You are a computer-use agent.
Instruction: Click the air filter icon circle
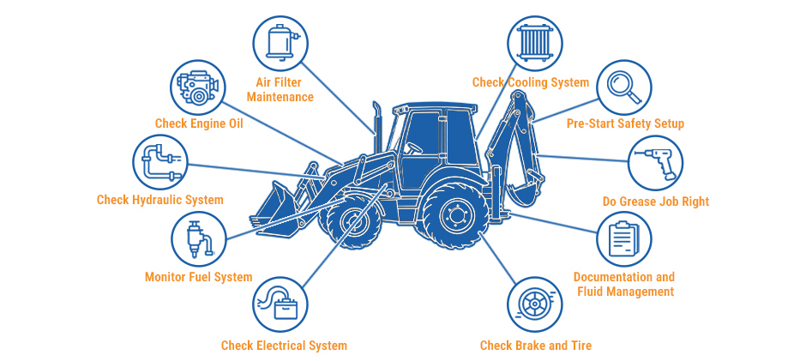[280, 43]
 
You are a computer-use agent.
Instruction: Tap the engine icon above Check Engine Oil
[197, 87]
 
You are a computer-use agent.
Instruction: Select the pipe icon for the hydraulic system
[160, 162]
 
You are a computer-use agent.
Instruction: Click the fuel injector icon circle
[198, 239]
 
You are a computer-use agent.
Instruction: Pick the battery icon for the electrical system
[280, 304]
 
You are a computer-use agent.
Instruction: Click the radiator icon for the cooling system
[535, 43]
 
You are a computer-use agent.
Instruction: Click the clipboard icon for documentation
[624, 239]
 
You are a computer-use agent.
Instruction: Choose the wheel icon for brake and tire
[535, 304]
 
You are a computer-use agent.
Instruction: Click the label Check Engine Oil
[199, 124]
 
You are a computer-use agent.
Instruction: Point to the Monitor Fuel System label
[198, 278]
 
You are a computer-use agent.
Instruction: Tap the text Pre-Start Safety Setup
[626, 124]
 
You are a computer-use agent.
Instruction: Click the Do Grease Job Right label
[656, 202]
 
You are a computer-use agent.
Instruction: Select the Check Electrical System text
[285, 346]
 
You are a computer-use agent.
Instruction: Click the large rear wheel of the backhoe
[453, 214]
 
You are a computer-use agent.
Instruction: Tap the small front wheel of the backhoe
[352, 222]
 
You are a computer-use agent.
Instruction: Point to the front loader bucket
[274, 207]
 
